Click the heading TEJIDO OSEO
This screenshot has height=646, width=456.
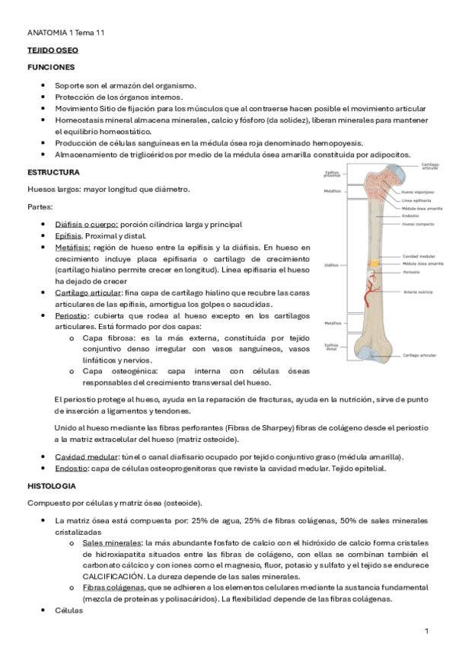(x=53, y=50)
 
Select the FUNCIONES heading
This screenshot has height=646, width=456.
(x=51, y=68)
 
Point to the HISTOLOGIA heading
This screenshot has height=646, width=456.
(x=51, y=485)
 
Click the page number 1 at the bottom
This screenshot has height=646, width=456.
(x=427, y=631)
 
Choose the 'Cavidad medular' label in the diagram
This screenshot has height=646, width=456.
(x=418, y=256)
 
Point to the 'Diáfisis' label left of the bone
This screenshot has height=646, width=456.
(x=330, y=266)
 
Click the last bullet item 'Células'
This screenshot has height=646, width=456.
(x=69, y=612)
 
